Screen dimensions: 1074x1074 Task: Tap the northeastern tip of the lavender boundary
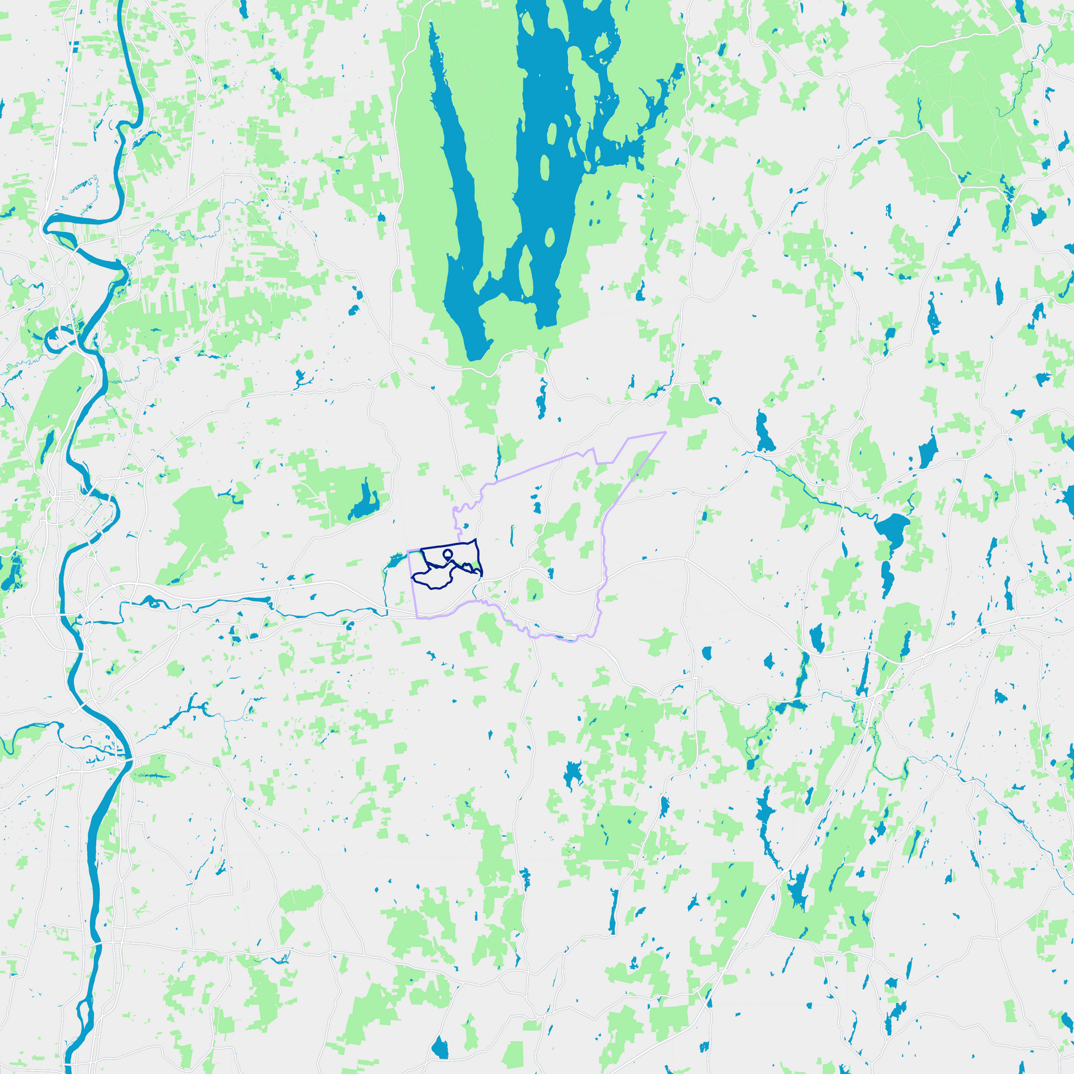pos(665,432)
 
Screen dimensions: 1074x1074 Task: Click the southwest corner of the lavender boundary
pos(416,617)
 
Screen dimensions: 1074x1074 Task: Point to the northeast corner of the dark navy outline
pos(476,539)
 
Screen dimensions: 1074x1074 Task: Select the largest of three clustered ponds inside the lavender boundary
pos(537,507)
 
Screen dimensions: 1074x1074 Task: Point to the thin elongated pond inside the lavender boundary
pos(511,535)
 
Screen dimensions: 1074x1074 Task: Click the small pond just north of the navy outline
pos(466,526)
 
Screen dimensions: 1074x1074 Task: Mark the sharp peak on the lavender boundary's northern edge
pos(593,449)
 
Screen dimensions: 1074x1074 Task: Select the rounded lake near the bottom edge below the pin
pos(440,1048)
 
